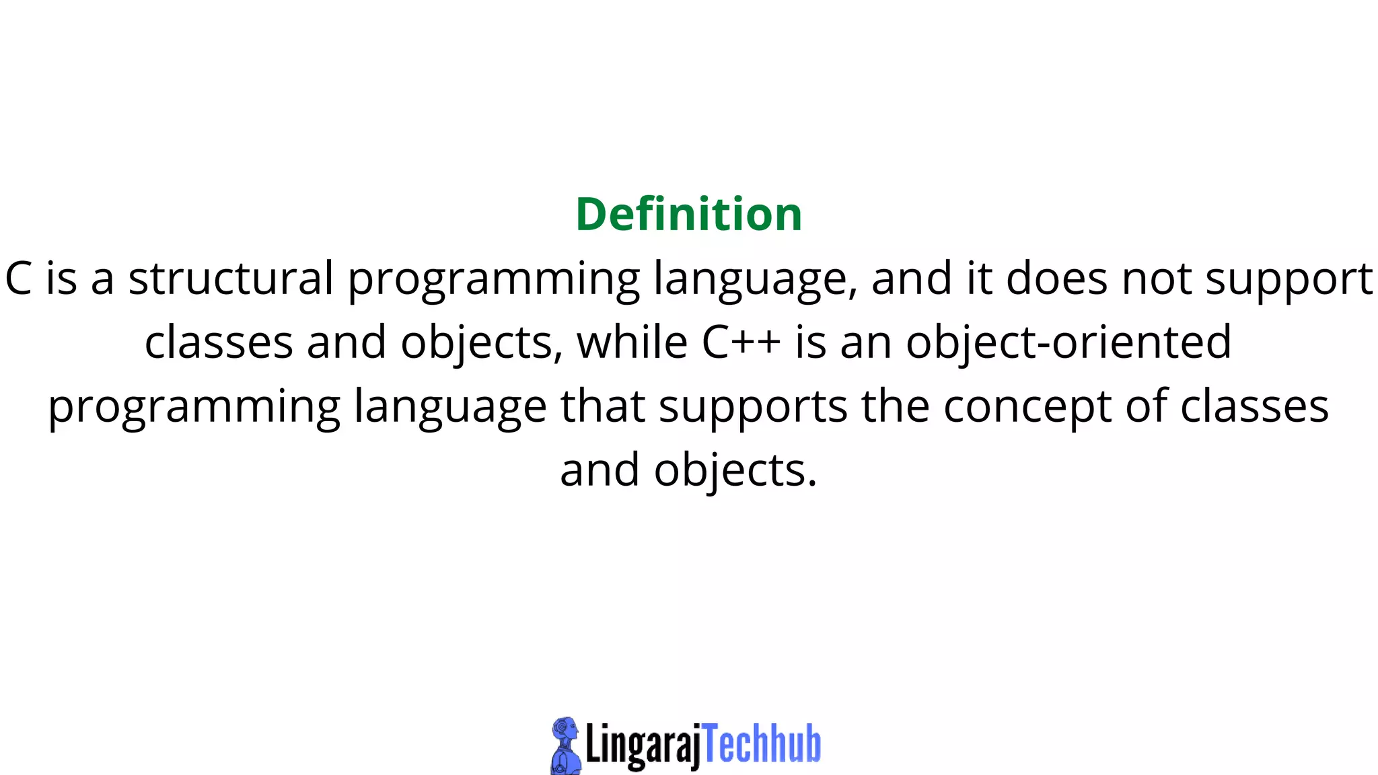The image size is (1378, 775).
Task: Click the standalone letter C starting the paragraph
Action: (x=19, y=279)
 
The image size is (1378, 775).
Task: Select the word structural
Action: (x=231, y=279)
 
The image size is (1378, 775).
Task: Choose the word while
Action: (x=632, y=342)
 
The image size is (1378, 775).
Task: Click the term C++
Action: (x=741, y=342)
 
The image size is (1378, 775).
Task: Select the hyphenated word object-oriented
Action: (x=1068, y=343)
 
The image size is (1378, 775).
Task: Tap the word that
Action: (x=603, y=406)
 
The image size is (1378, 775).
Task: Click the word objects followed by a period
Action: (x=735, y=471)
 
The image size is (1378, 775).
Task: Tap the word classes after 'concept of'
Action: (x=1254, y=406)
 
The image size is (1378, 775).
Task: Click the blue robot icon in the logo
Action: (x=565, y=745)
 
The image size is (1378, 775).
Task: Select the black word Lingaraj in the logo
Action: (x=643, y=745)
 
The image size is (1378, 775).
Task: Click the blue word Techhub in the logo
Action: (x=762, y=744)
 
